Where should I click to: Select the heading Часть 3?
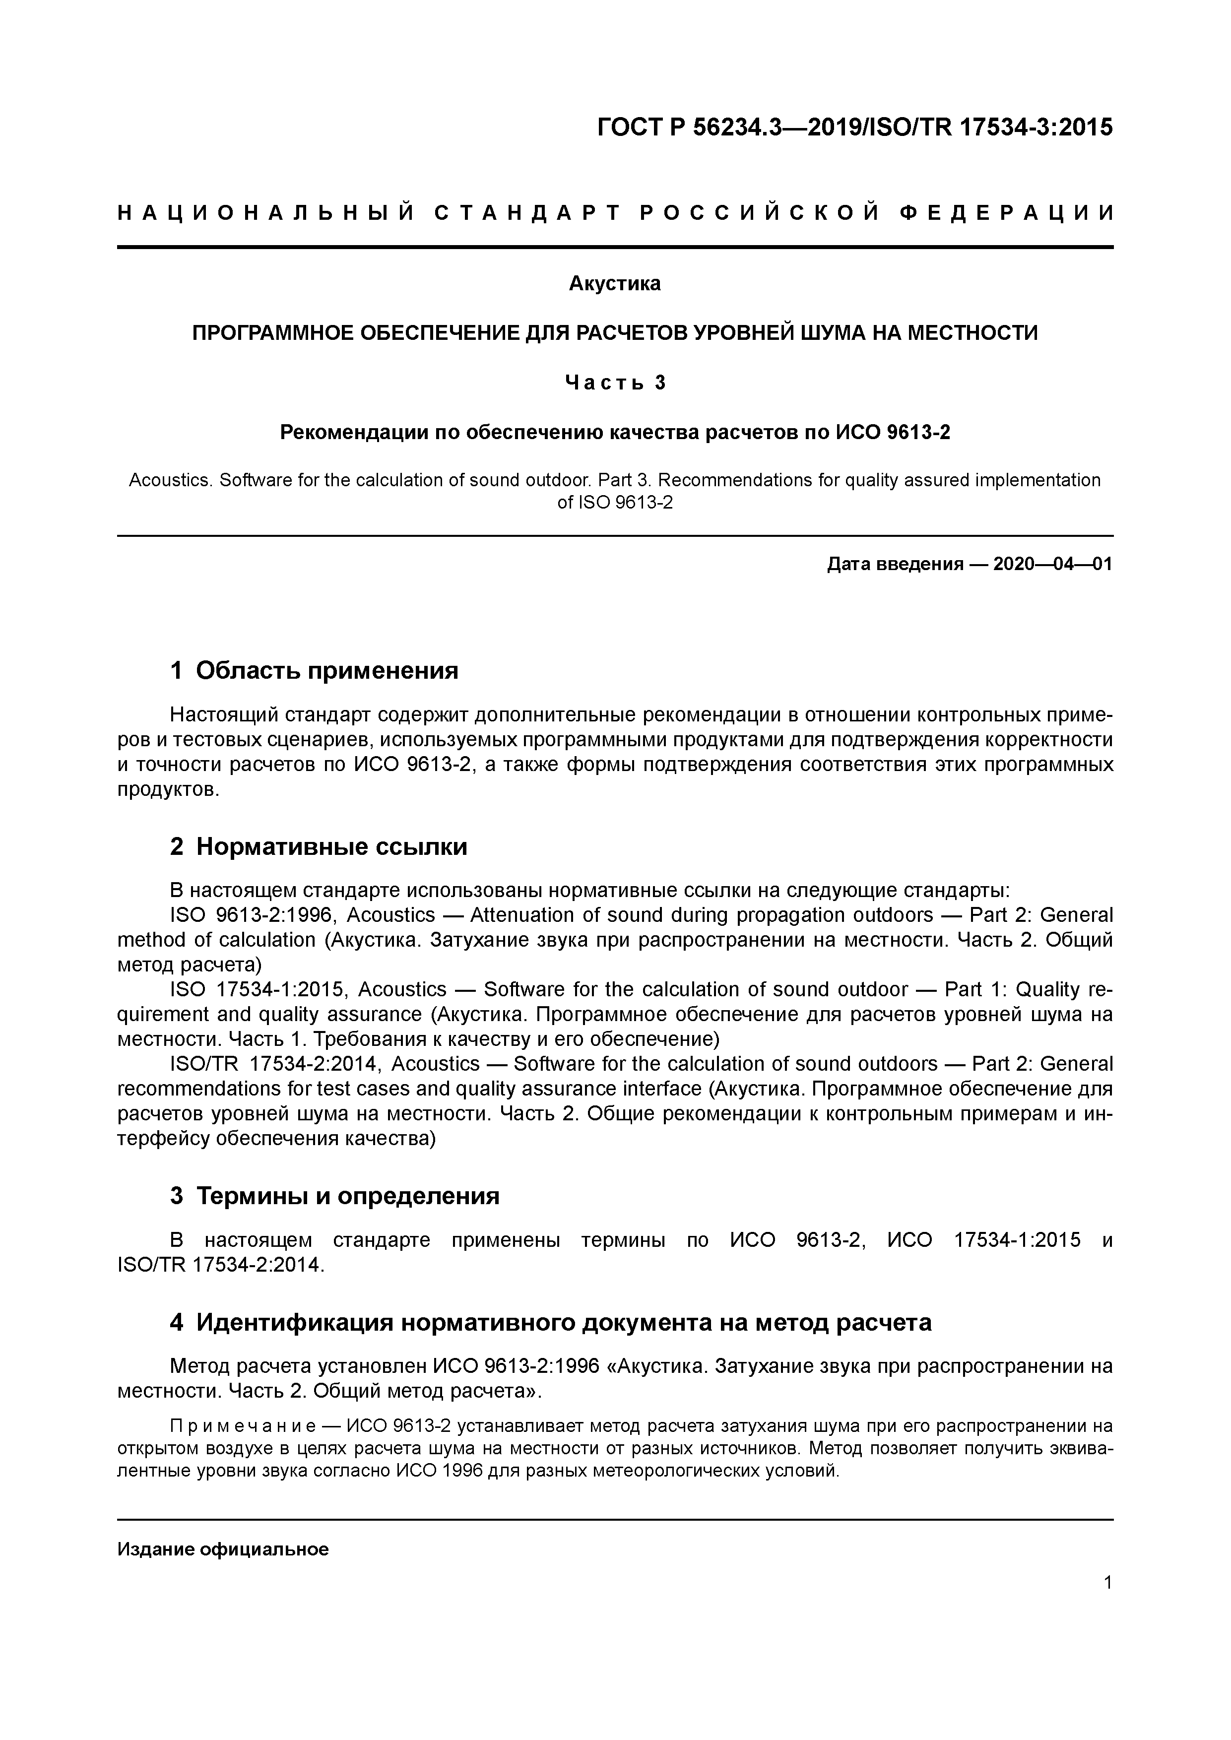(615, 383)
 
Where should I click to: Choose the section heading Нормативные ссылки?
(331, 846)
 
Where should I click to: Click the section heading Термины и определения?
(348, 1196)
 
